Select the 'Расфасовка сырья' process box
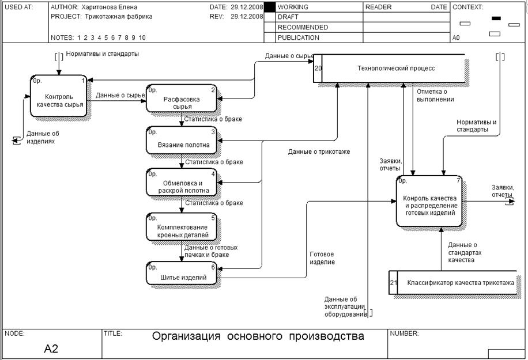[182, 99]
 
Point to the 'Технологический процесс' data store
[392, 69]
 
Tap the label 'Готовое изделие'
[322, 257]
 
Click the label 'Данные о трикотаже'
[319, 151]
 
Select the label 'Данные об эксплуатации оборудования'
[345, 306]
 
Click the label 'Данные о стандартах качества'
[462, 252]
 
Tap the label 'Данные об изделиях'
[43, 137]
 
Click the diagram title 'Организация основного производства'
[258, 336]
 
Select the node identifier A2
[51, 348]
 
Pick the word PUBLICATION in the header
[298, 37]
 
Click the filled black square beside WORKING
[269, 7]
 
